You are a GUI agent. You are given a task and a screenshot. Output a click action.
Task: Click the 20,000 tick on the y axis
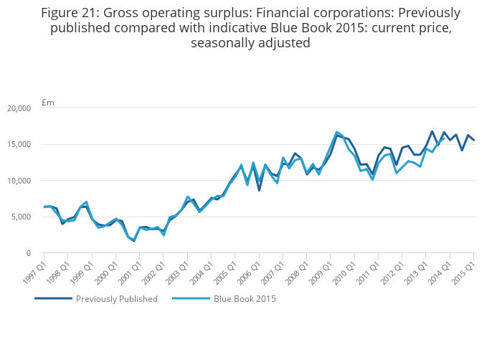click(x=19, y=108)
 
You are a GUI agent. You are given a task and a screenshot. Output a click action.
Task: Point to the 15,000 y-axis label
click(x=19, y=144)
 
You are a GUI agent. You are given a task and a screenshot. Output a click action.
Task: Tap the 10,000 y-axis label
click(x=19, y=181)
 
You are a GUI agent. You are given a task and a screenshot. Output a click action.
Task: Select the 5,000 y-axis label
click(x=22, y=217)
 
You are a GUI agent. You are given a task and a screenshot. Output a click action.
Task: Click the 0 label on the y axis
click(x=28, y=253)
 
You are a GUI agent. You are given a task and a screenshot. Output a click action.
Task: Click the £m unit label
click(x=48, y=103)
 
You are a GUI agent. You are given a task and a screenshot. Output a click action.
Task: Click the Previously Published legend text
click(x=117, y=299)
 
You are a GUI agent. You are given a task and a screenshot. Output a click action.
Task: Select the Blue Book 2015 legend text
click(x=245, y=299)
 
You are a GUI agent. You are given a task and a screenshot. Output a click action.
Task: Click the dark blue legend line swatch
click(x=53, y=299)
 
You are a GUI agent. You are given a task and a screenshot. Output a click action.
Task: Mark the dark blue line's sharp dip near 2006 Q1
click(x=259, y=190)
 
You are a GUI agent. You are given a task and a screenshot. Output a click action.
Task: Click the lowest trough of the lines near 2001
click(x=133, y=240)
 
